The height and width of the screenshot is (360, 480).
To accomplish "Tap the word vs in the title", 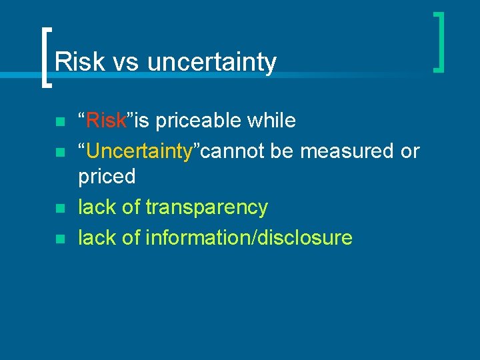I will [x=125, y=62].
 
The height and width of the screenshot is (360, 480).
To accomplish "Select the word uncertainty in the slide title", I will [x=211, y=62].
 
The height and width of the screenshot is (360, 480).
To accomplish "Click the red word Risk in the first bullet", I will [x=107, y=121].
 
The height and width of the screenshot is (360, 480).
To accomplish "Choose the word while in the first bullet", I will [x=271, y=121].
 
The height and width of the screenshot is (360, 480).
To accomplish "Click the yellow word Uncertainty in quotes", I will [x=139, y=151].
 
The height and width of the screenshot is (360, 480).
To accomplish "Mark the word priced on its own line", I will [x=107, y=177].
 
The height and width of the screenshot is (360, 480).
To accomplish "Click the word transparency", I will [x=207, y=207].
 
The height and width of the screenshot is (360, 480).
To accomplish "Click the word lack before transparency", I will [x=97, y=207].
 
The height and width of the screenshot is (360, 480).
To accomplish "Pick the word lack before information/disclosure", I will [x=97, y=237].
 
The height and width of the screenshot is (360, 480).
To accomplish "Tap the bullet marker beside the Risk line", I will [x=59, y=123].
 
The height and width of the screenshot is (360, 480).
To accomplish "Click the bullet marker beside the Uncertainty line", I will [x=59, y=153].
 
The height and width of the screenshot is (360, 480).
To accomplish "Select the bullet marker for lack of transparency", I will [x=59, y=209].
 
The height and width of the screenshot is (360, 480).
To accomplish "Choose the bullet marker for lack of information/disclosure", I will [x=59, y=239].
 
